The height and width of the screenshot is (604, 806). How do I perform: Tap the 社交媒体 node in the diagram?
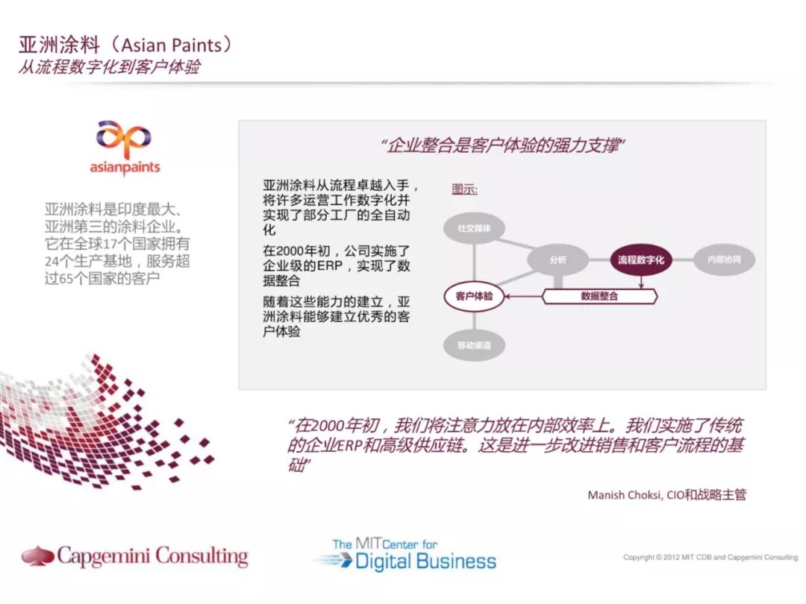473,228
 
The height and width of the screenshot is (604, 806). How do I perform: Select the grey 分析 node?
557,259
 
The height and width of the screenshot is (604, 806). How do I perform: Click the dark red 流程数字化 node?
641,259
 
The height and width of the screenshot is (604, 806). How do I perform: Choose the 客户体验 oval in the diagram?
473,296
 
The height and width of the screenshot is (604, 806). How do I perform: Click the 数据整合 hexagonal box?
599,296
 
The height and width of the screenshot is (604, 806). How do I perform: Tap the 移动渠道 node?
473,345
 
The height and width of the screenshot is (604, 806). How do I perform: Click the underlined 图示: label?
464,189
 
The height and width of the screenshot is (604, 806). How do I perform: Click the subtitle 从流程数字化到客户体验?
109,66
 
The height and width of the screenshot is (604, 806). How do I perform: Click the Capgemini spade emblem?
37,556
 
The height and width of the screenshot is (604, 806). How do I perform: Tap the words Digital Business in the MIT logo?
425,561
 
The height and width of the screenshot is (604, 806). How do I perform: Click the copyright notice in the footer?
710,557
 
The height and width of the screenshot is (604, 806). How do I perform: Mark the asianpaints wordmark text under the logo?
125,168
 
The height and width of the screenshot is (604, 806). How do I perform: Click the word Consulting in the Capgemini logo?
197,556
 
